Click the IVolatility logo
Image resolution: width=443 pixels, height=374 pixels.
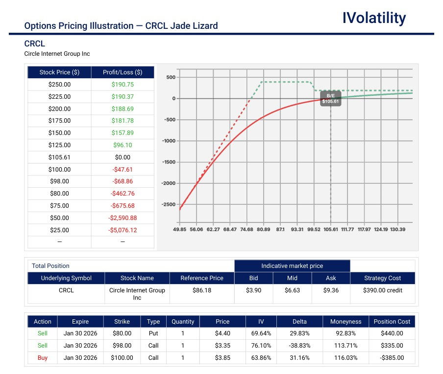pos(374,18)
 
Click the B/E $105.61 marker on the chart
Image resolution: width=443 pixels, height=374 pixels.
pos(330,98)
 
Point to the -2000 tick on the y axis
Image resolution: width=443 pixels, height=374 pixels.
pos(169,183)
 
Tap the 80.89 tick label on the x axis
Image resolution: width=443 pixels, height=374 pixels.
pos(263,229)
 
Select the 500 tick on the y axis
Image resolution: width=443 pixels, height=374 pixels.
pos(171,77)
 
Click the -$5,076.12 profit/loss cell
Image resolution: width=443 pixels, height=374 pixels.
pos(123,230)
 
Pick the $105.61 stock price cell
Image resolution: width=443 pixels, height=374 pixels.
pos(59,157)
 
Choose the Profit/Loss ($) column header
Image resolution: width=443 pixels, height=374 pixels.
pos(123,72)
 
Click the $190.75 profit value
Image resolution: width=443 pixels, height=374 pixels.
pos(123,85)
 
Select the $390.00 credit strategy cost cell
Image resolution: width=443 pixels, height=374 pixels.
pos(382,290)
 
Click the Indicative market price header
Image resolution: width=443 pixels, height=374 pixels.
pos(292,266)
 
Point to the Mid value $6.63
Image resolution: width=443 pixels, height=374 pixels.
pos(292,290)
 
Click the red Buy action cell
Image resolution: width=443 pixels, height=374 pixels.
pos(43,358)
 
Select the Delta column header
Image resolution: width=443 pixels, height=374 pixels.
pos(299,322)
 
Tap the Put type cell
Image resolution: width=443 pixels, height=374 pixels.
pos(153,333)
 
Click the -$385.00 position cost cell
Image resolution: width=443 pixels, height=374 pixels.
pos(392,358)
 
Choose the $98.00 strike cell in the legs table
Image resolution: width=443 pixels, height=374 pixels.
pos(122,346)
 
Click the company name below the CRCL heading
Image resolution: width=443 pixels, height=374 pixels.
pos(57,54)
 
